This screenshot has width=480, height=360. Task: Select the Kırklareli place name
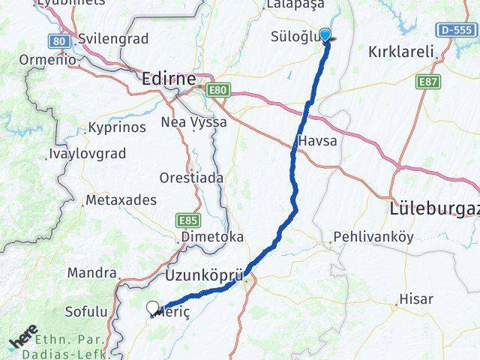point(402,52)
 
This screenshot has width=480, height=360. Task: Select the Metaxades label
point(121,200)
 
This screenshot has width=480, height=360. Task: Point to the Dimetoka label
point(211,236)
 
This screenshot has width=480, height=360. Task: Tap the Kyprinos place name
point(116,127)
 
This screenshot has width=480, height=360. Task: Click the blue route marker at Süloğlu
point(325,35)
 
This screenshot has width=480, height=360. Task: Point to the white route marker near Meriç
point(153,307)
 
